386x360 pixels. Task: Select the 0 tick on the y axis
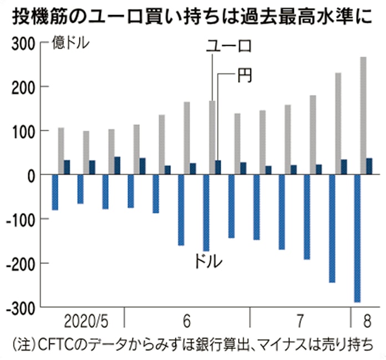pos(29,175)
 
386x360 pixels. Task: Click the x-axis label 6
pos(186,322)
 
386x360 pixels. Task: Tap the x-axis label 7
pos(300,322)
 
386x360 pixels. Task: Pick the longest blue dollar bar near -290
pos(357,239)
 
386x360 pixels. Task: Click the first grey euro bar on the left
pos(61,151)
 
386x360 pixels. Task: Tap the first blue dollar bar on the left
pos(55,192)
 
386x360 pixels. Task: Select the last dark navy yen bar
pos(369,166)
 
